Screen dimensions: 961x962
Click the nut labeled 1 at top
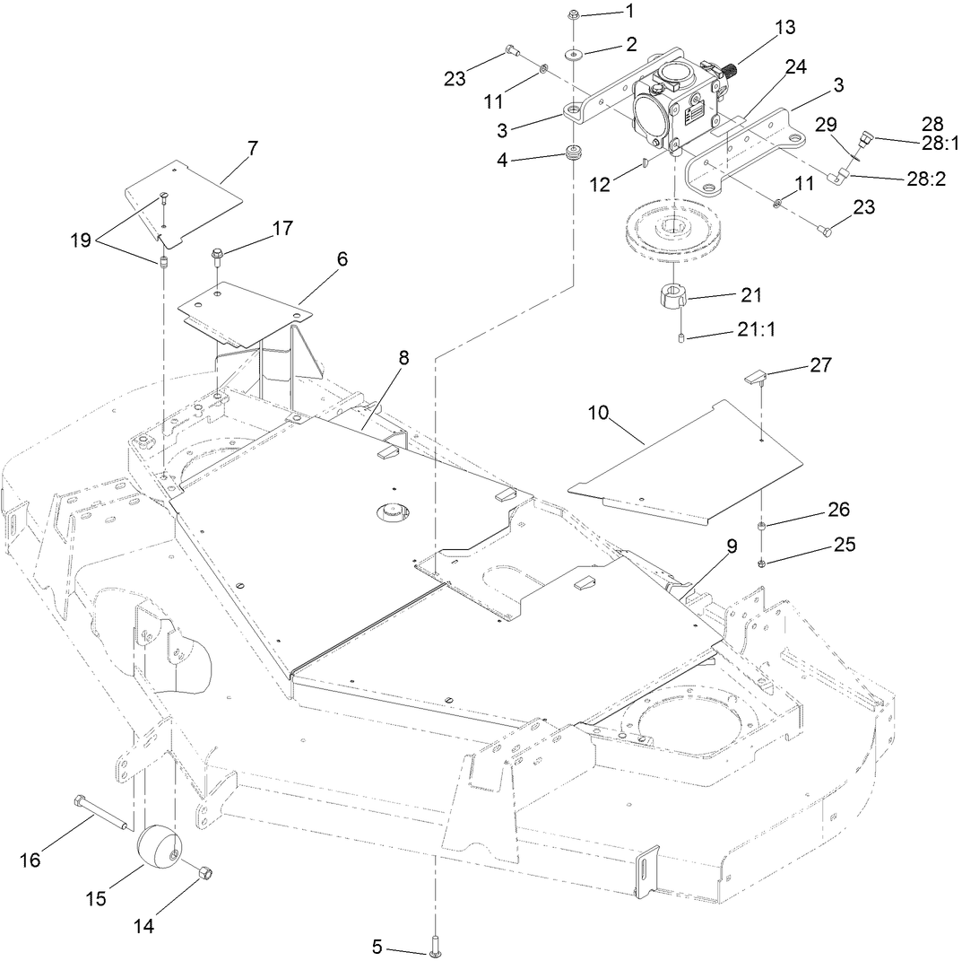click(574, 14)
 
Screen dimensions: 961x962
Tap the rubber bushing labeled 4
click(573, 152)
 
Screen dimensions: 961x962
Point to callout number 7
click(253, 148)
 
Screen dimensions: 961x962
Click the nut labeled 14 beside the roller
click(205, 871)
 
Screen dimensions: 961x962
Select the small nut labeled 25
click(761, 563)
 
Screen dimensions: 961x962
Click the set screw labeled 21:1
click(682, 338)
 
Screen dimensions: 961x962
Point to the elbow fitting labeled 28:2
click(836, 179)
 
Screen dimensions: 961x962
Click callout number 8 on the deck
click(404, 357)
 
